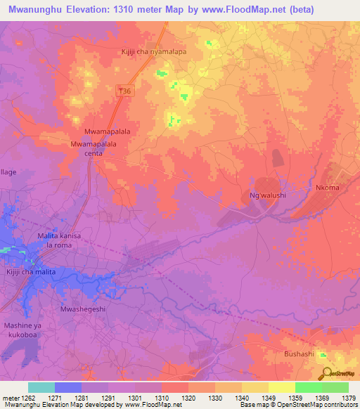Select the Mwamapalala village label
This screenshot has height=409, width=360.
(x=107, y=131)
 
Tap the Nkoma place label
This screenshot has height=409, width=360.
(x=327, y=188)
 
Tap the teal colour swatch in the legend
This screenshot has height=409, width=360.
(x=41, y=387)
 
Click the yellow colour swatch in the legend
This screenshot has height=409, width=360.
(x=281, y=387)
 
